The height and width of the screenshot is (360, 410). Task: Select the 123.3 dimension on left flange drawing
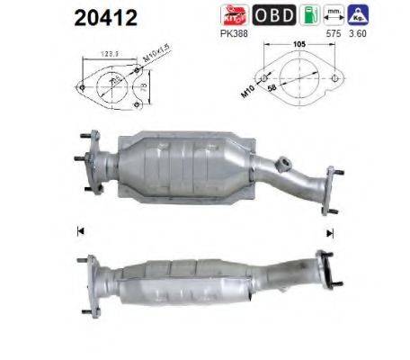111,54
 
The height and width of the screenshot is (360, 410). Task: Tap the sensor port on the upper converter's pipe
285,163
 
